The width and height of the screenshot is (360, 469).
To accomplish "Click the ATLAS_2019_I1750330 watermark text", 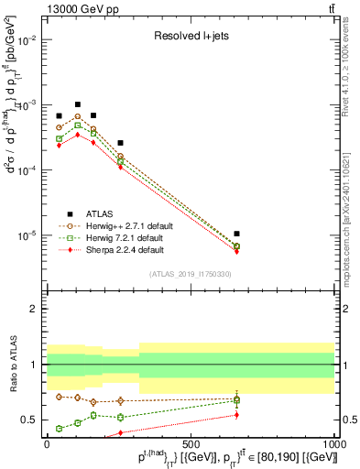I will point(191,274).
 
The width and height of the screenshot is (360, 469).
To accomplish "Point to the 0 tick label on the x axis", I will point(46,443).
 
